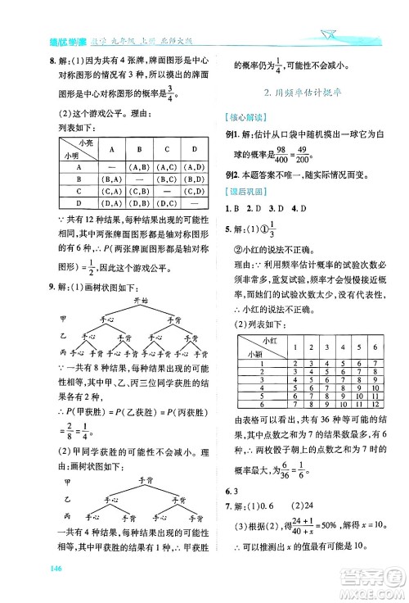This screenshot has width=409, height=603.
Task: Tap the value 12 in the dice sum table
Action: pyautogui.click(x=374, y=403)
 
